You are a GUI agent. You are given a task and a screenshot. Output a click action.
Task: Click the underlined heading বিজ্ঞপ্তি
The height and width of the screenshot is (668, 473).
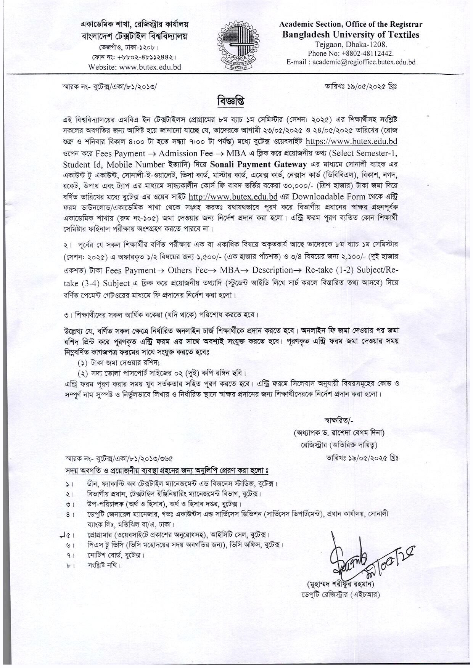click(230, 102)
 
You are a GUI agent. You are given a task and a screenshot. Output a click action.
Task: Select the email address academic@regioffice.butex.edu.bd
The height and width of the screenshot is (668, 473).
click(364, 62)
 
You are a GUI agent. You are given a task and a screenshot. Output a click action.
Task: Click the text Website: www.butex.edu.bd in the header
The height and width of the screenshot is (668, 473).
click(135, 67)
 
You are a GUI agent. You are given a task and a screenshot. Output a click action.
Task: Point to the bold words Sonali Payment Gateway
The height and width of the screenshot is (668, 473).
click(259, 164)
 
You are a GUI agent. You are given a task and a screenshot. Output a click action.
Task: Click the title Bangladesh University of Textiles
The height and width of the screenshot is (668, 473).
click(351, 35)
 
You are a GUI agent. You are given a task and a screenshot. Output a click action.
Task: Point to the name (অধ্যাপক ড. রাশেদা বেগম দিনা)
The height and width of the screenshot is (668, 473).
click(339, 433)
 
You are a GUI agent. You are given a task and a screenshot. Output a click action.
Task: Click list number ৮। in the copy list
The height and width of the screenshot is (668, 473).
click(69, 565)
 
